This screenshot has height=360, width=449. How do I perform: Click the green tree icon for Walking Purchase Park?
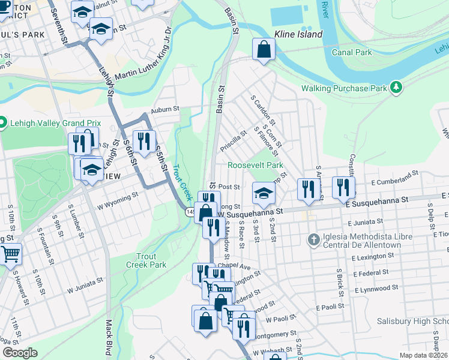396,88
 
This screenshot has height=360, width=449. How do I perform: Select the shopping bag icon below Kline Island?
264,50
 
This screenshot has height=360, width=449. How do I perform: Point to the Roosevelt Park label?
255,165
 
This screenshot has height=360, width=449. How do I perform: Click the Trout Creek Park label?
146,260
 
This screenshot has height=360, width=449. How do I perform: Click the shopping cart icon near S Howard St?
10,254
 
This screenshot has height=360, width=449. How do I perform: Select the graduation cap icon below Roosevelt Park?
262,193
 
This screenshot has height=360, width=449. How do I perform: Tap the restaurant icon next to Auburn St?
143,141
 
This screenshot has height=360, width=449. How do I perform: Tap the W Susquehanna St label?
250,212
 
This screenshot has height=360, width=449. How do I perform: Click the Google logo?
20,353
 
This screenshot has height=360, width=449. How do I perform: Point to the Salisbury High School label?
413,322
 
